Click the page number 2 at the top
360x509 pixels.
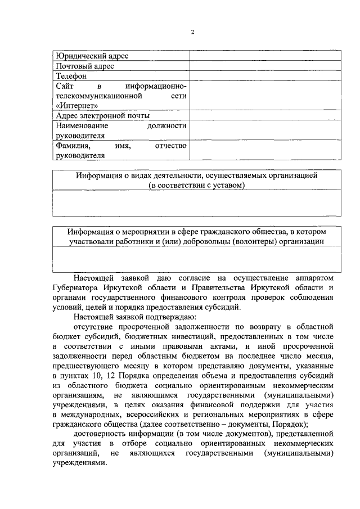[x=192, y=32]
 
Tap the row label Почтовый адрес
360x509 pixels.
[x=85, y=66]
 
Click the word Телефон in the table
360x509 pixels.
[x=71, y=76]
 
